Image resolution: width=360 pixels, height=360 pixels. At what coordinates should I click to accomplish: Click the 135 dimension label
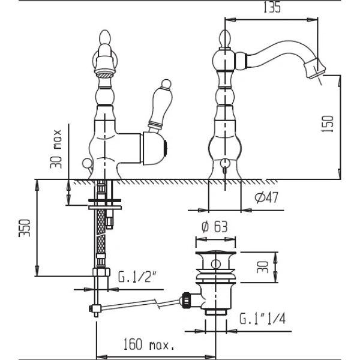[x=272, y=7]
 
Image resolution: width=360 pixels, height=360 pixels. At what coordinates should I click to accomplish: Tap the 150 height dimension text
[x=327, y=124]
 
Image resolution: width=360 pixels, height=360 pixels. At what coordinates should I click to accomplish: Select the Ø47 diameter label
[x=266, y=197]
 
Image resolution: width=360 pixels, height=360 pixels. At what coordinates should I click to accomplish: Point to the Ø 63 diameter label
[x=214, y=227]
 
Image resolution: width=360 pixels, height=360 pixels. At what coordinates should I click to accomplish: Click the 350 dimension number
[x=25, y=228]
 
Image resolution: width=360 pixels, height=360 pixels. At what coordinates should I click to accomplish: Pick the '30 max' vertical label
[x=56, y=149]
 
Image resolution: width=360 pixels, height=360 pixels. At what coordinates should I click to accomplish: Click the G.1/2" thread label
[x=137, y=277]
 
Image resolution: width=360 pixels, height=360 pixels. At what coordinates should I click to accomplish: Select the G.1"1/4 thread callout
[x=262, y=319]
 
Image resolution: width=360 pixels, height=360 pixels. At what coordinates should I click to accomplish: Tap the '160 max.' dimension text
[x=148, y=344]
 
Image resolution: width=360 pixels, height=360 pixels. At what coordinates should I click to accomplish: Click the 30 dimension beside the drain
[x=262, y=267]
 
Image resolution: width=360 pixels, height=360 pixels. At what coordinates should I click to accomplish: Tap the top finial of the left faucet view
[x=104, y=38]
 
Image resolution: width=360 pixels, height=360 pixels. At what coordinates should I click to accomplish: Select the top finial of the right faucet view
[x=225, y=38]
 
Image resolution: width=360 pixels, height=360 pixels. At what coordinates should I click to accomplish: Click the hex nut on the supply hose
[x=101, y=272]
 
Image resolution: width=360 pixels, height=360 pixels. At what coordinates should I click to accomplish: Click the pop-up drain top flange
[x=215, y=253]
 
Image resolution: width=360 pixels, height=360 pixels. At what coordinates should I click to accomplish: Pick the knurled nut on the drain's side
[x=186, y=299]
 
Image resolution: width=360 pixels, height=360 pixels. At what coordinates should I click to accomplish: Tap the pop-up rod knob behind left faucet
[x=86, y=163]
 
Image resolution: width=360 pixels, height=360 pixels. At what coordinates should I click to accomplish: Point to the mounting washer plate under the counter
[x=104, y=208]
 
